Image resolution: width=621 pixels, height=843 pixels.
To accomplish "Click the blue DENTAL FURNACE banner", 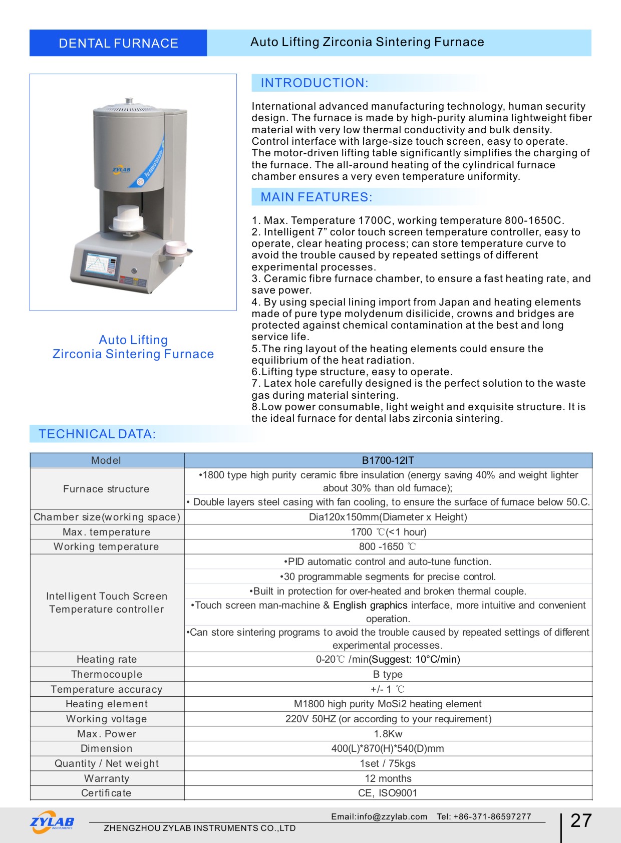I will coord(118,43).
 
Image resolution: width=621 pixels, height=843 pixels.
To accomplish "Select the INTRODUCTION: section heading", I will coord(315,83).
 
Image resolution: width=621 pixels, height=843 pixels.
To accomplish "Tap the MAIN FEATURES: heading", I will coord(317,197).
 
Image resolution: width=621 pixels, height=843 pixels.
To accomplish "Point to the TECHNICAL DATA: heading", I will coord(98,434).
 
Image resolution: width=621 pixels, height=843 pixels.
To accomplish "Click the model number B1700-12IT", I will coord(388,460).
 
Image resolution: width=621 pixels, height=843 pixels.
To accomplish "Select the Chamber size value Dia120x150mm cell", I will coord(388,517).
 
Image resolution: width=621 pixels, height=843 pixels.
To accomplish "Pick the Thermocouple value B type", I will coord(388,674).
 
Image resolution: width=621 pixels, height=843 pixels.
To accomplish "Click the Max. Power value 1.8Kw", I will coord(388,734).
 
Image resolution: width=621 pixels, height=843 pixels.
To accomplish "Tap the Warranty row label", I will coord(107,778).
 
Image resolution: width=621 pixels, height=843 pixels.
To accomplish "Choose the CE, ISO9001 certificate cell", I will coord(388,793).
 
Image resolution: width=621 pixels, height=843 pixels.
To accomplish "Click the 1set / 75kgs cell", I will coord(388,763).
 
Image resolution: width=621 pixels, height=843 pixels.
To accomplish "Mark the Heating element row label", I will coord(107,704).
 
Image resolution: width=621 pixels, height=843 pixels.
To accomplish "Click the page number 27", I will coord(581,821).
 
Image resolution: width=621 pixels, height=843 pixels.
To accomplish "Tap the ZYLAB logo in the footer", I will coord(52,822).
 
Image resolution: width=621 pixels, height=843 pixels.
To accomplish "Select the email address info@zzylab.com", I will coord(379,817).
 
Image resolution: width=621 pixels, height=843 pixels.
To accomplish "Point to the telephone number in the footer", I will coord(484,817).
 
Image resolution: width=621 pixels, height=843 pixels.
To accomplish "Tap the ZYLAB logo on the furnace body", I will coord(121,170).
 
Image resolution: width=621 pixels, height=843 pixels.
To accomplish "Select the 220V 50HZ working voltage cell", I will coord(388,719).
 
